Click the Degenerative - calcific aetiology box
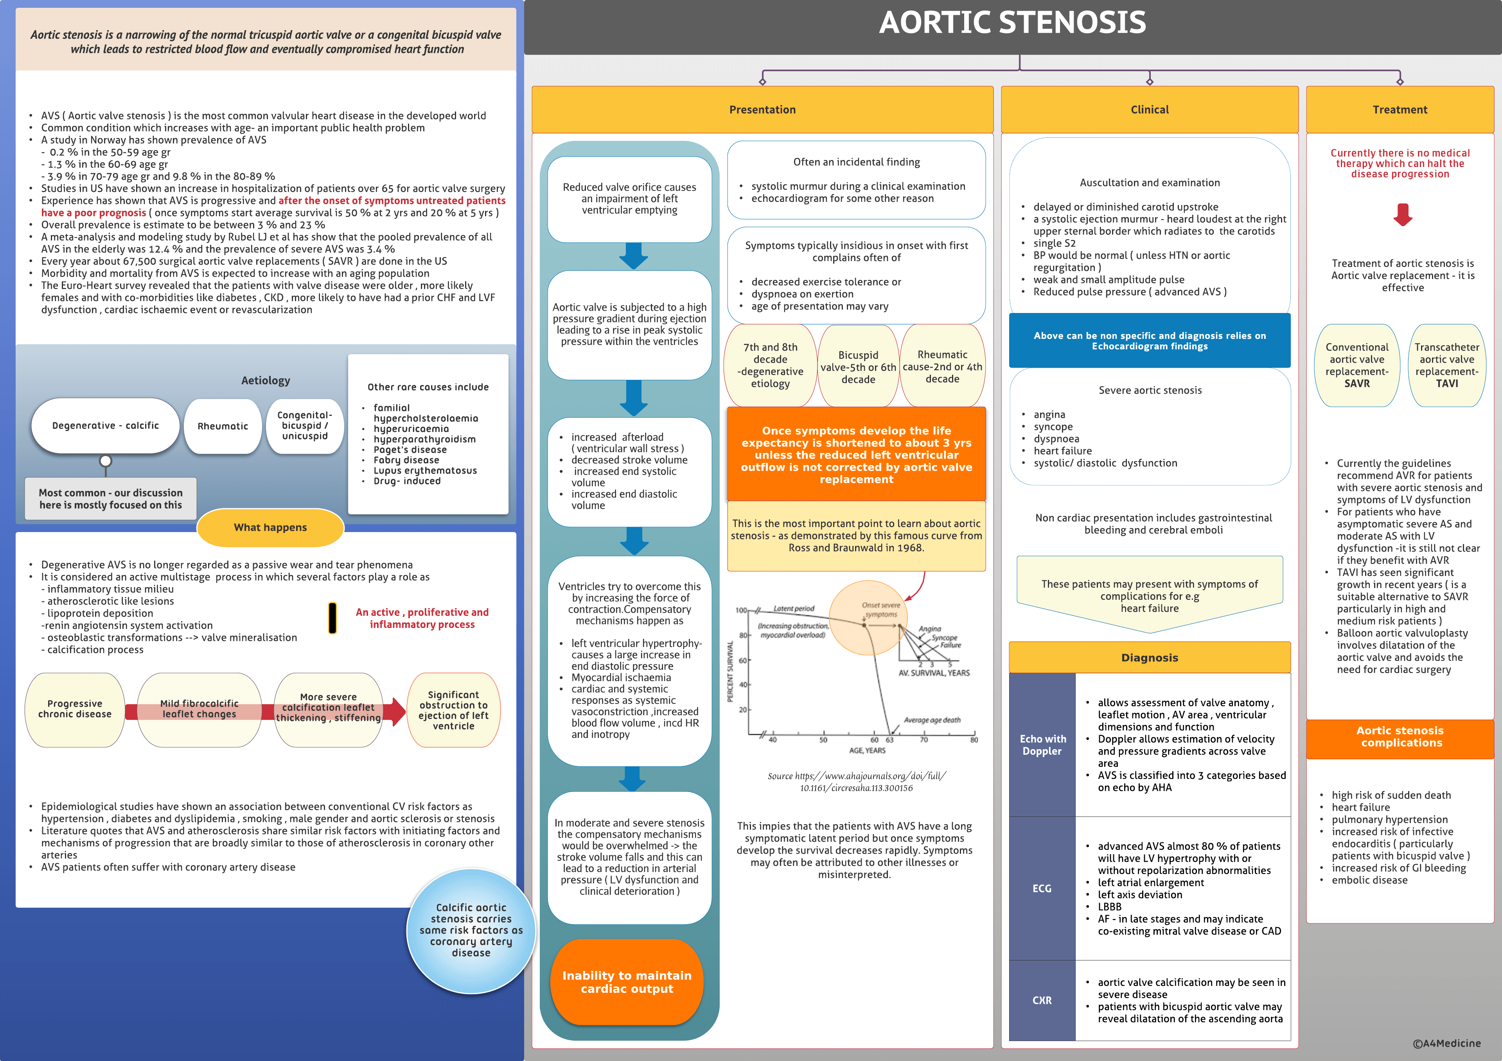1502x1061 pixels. (x=105, y=426)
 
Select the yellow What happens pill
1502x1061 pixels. (x=270, y=527)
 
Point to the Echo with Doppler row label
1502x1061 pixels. (x=1042, y=745)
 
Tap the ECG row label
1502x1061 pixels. (x=1042, y=888)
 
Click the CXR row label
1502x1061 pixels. (x=1042, y=1000)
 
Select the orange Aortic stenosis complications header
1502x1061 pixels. (x=1400, y=737)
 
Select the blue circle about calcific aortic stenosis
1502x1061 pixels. (x=471, y=930)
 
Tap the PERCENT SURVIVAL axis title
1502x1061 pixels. (x=731, y=671)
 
